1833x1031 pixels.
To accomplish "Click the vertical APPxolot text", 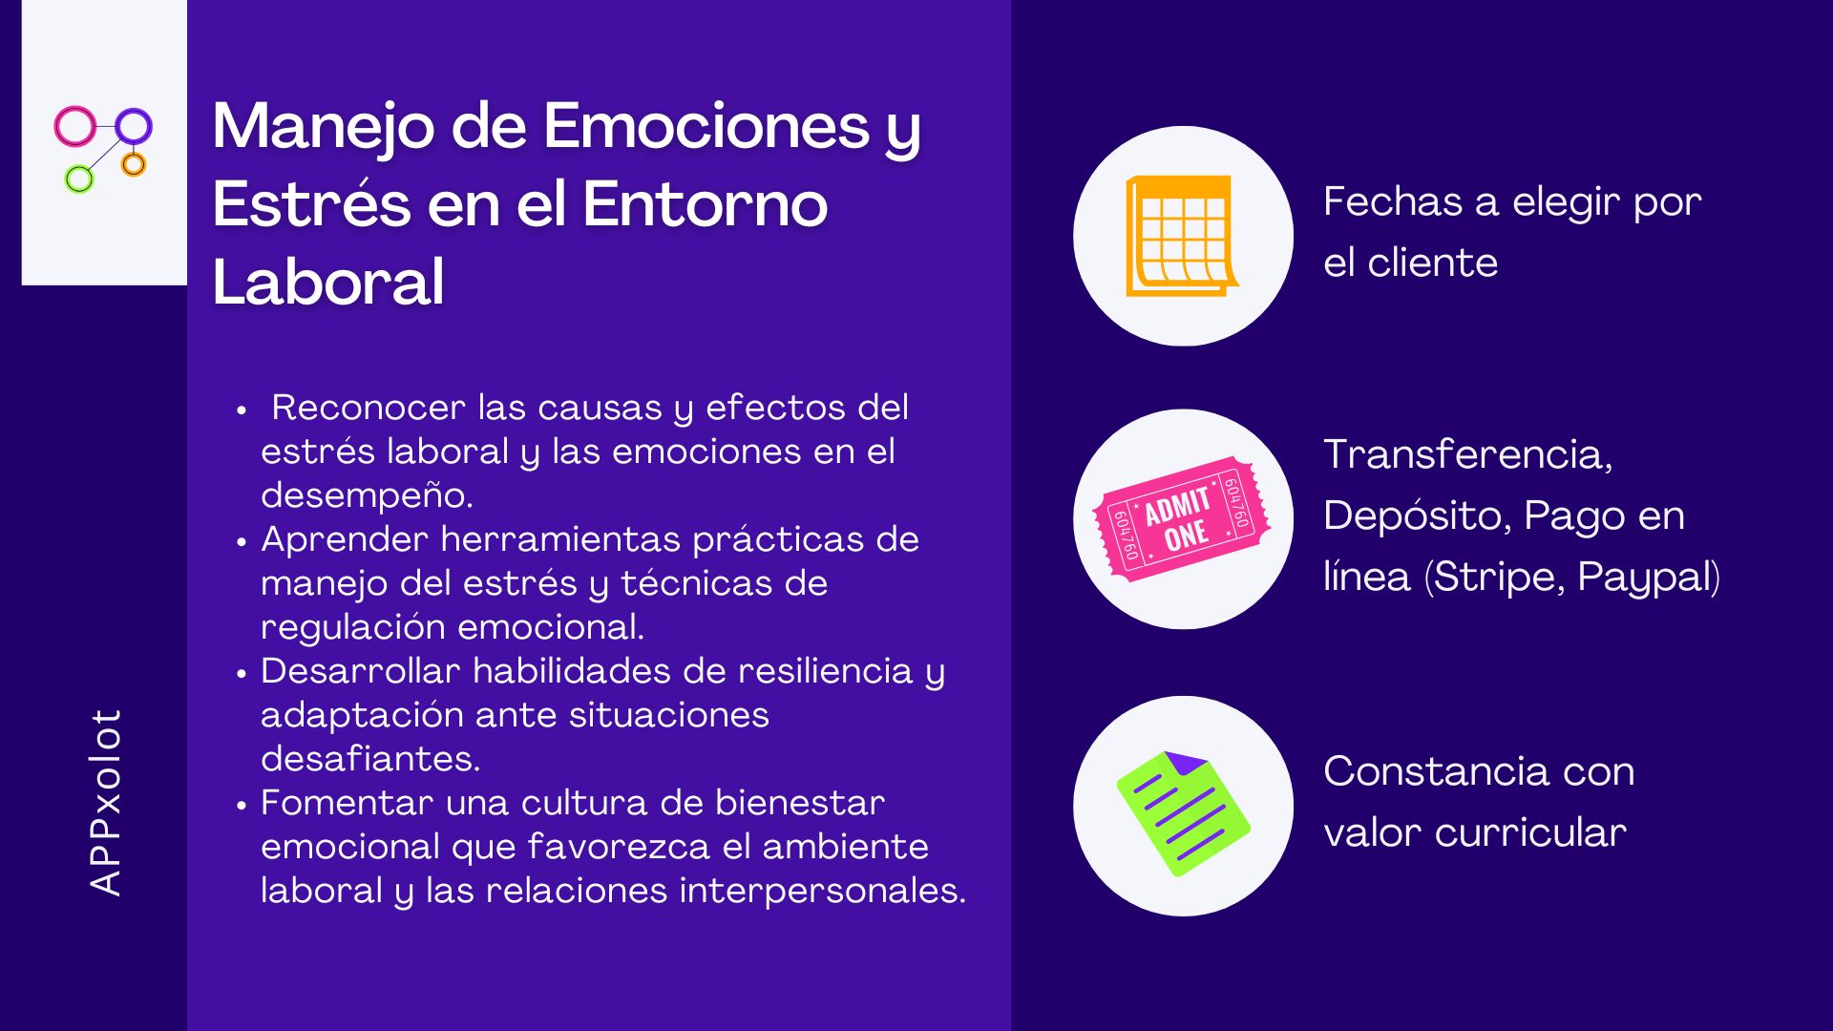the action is click(105, 802).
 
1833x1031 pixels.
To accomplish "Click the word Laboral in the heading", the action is click(328, 282).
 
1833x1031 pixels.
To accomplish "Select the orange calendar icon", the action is click(1182, 236).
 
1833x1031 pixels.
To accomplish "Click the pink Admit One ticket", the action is click(1182, 519).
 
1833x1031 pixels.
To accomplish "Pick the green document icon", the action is click(1183, 813).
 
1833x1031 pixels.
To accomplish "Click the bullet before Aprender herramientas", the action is click(242, 542).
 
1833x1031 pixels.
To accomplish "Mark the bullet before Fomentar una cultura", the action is click(242, 806).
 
